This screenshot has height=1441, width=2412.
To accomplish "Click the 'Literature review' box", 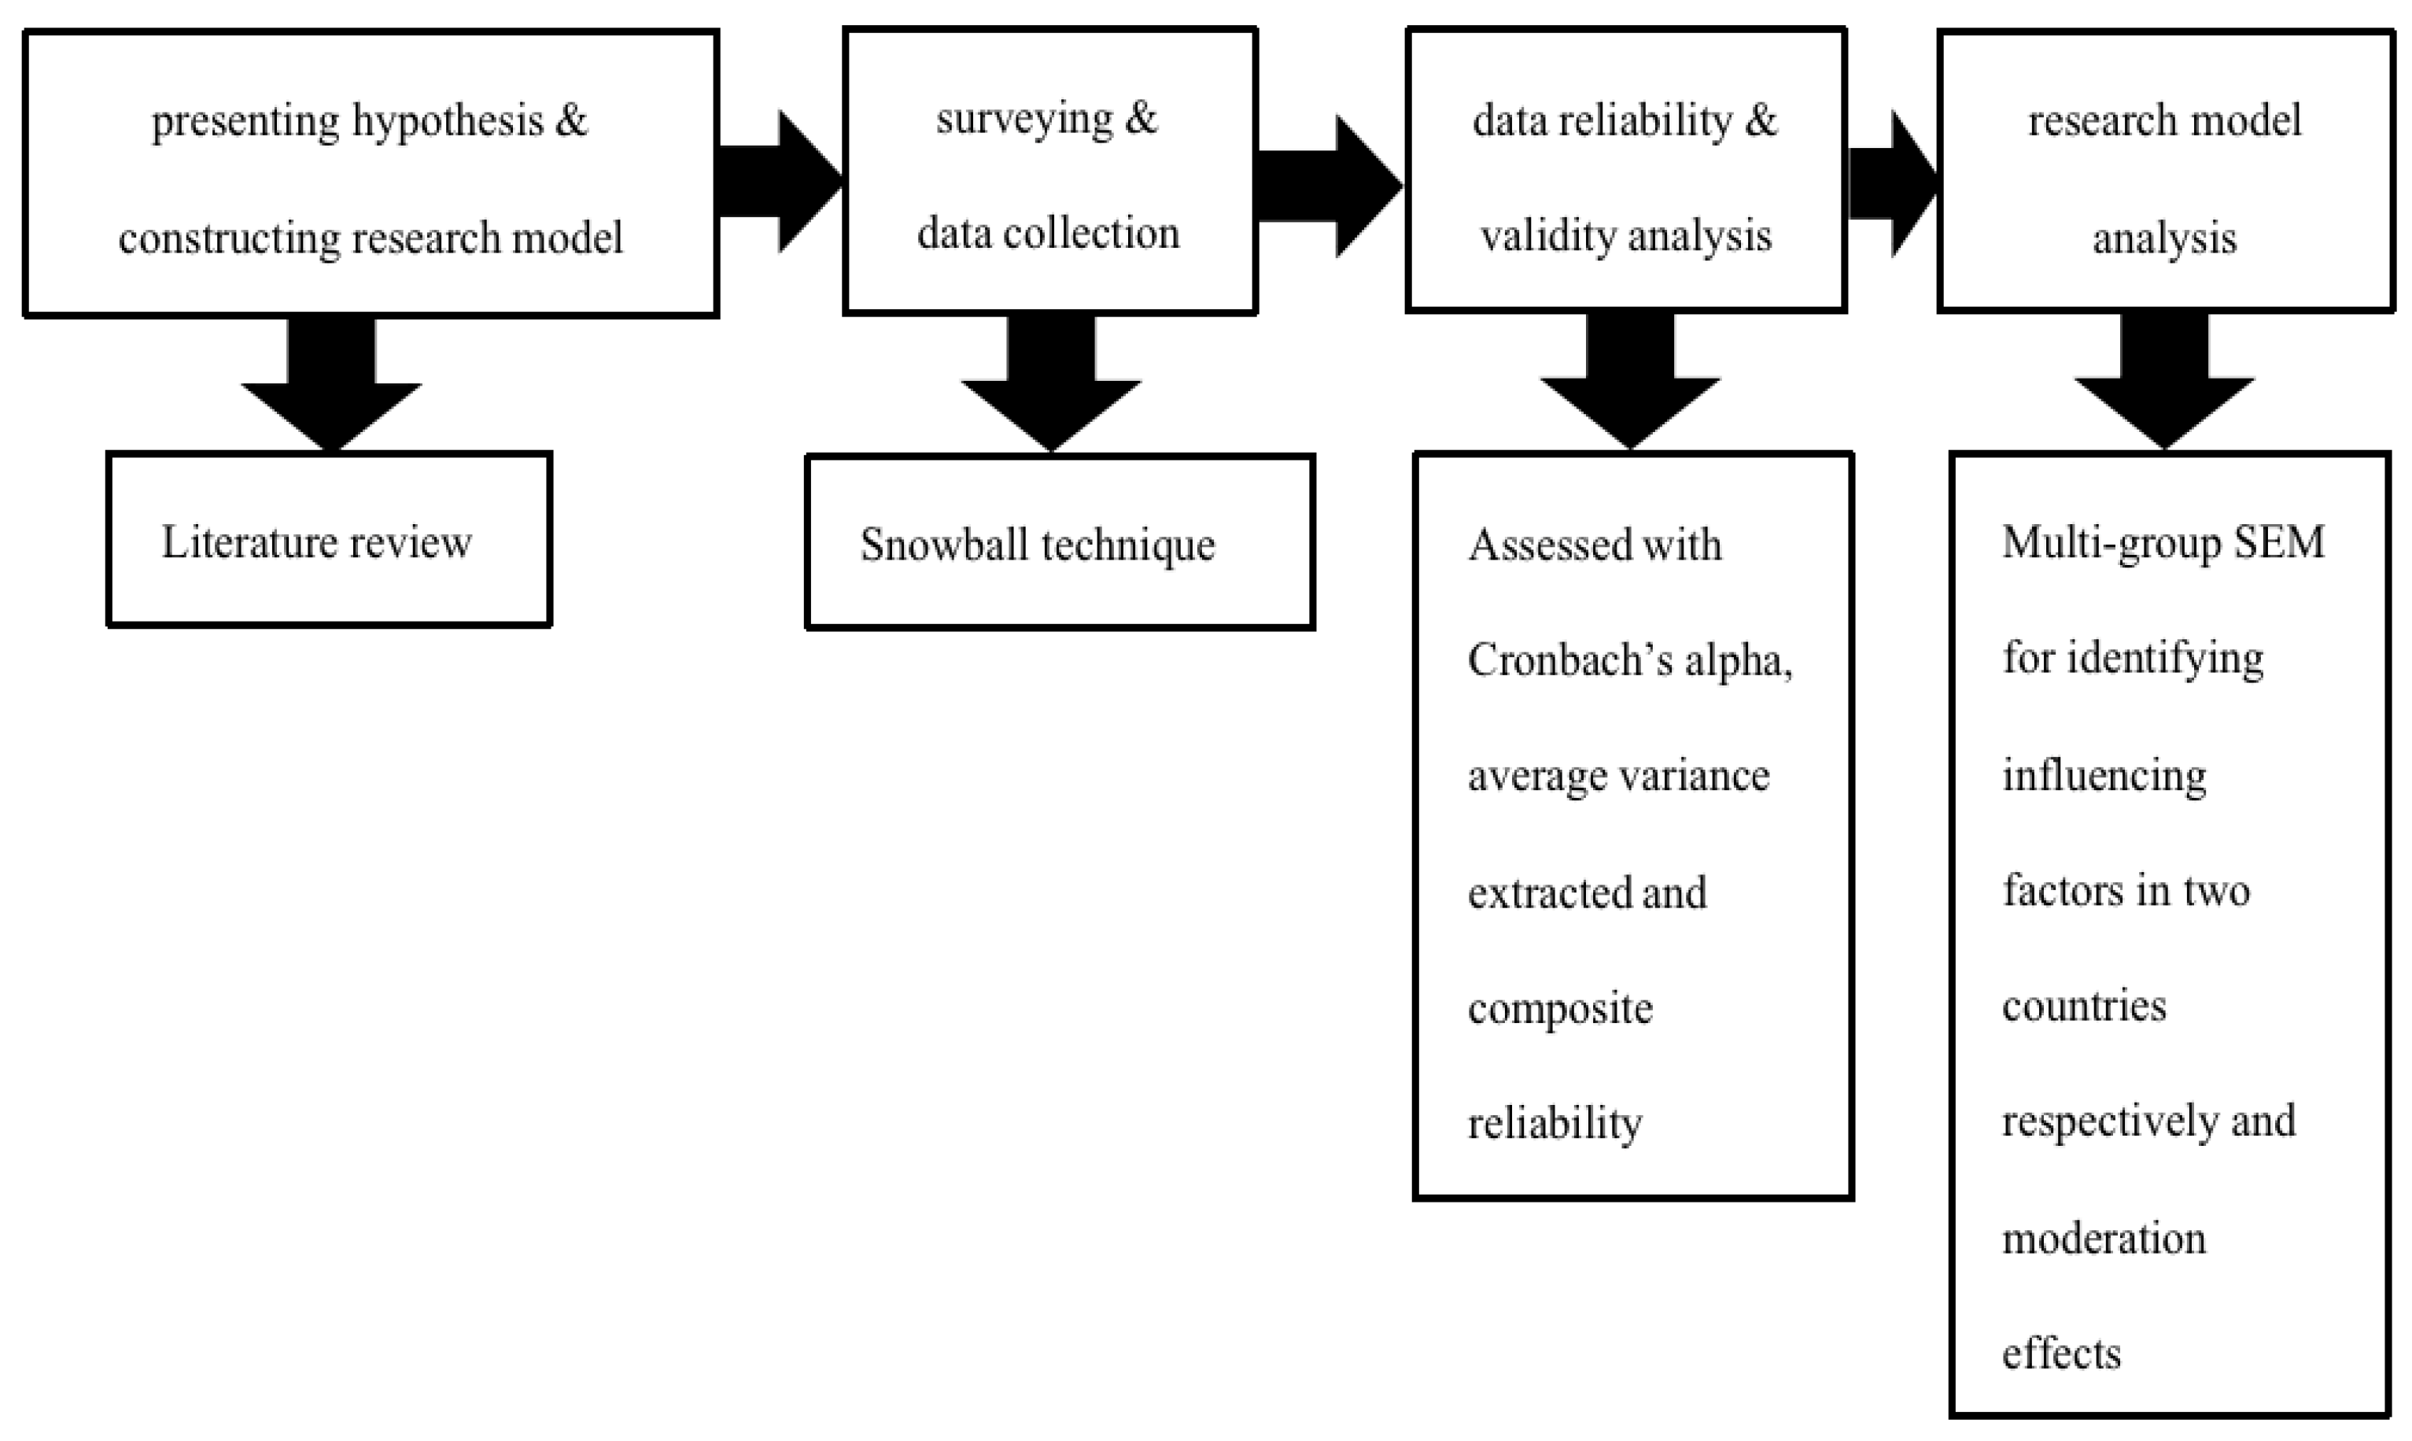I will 328,540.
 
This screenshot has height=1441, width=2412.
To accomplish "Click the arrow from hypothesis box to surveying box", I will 779,182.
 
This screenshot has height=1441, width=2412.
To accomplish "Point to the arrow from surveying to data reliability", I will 1328,186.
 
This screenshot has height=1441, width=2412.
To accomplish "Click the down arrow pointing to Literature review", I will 331,389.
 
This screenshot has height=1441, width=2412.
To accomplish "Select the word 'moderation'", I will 2104,1239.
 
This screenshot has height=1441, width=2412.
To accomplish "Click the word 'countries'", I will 2084,1006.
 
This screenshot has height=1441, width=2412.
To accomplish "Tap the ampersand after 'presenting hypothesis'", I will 572,120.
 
